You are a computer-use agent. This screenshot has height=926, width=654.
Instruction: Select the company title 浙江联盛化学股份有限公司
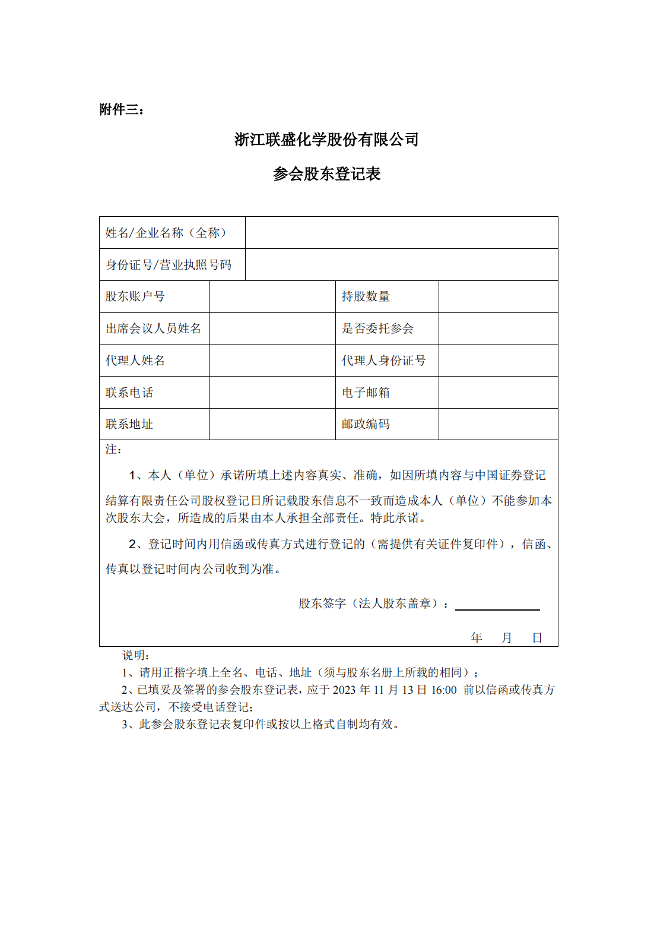pyautogui.click(x=326, y=140)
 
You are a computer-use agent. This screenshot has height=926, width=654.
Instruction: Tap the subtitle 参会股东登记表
pyautogui.click(x=326, y=174)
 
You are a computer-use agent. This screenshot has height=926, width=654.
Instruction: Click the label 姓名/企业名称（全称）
pyautogui.click(x=166, y=233)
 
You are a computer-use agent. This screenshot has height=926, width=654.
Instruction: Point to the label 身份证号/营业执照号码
pyautogui.click(x=169, y=265)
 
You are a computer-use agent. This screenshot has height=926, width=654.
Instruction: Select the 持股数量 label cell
pyautogui.click(x=366, y=296)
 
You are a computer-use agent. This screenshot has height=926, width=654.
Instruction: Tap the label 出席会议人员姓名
pyautogui.click(x=153, y=328)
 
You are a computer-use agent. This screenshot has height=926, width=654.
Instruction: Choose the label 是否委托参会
pyautogui.click(x=377, y=328)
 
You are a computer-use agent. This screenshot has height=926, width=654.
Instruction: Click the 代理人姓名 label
pyautogui.click(x=135, y=361)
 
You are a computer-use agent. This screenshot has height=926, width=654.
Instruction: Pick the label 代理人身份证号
pyautogui.click(x=383, y=361)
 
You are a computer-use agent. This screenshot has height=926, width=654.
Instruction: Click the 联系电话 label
pyautogui.click(x=129, y=393)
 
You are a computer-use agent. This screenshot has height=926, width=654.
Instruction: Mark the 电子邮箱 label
pyautogui.click(x=366, y=393)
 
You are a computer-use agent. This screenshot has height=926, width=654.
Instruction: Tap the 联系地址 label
pyautogui.click(x=129, y=424)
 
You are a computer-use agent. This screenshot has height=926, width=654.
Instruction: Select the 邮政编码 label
pyautogui.click(x=366, y=424)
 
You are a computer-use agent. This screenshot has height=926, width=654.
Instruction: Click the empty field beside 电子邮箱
pyautogui.click(x=498, y=393)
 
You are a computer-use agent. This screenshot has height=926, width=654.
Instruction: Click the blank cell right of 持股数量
pyautogui.click(x=498, y=296)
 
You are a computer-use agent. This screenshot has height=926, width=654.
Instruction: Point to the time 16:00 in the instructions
pyautogui.click(x=444, y=690)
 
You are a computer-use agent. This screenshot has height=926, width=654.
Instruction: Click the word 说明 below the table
pyautogui.click(x=135, y=655)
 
